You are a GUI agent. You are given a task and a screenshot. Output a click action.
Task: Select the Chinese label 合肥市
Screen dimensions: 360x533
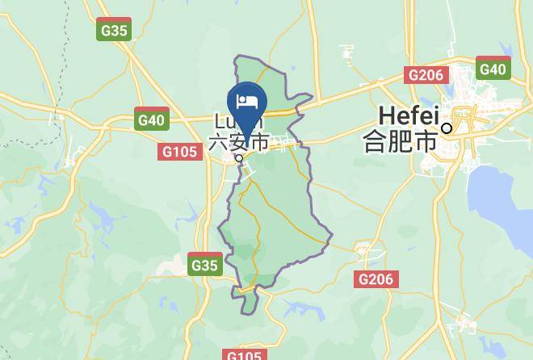pos(400,141)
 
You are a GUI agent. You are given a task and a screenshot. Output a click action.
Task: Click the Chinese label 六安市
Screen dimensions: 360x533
pos(239,143)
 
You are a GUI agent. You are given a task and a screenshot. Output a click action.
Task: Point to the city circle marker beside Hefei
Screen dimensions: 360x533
pos(447,128)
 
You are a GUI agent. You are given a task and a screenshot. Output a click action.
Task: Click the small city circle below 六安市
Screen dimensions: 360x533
pos(239,158)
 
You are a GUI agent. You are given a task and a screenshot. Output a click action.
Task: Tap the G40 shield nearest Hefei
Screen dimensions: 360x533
pos(492,69)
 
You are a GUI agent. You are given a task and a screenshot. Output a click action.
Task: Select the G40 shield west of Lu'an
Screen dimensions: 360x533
pos(151,120)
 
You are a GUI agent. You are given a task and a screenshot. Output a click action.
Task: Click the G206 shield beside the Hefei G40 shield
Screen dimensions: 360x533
pos(426,75)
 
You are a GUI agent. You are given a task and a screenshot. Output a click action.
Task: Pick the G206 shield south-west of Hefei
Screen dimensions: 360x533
pos(376,279)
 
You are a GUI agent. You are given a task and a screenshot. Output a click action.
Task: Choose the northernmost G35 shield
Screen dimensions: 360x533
pos(114,31)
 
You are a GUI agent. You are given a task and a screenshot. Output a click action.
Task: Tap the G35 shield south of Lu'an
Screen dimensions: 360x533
pos(204,264)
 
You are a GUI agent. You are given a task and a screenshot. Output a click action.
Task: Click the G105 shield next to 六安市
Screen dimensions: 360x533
pos(181,152)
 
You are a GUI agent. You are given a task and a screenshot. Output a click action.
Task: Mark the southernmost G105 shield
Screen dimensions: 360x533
pos(243,354)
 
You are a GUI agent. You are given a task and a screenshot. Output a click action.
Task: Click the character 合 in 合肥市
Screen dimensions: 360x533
pos(376,141)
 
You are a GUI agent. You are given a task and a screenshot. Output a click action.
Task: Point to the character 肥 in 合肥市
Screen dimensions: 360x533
pos(400,141)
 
